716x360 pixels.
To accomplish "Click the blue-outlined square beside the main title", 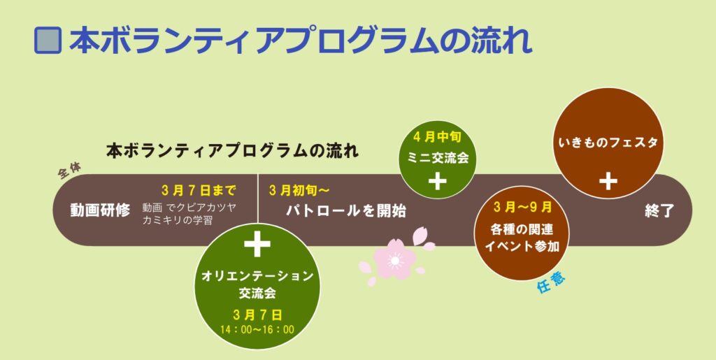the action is (48, 40).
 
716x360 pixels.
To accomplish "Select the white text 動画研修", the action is (100, 210).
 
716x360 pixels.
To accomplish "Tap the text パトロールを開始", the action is (346, 211).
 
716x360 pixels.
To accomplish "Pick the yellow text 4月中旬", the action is (437, 137).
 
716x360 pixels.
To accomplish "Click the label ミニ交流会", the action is (438, 157).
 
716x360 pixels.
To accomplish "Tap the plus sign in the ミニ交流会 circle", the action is (438, 182).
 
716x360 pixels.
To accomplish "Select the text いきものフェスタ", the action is (608, 143).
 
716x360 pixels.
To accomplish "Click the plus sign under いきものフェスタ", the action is (608, 181).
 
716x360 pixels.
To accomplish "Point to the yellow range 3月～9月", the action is (522, 207).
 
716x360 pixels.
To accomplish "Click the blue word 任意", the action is (551, 284).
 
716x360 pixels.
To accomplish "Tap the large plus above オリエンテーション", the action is (257, 244).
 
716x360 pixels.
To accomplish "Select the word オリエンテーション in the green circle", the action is (257, 276).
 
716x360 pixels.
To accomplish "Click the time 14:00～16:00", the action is (257, 329).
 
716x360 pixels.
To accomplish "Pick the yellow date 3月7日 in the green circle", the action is (257, 315).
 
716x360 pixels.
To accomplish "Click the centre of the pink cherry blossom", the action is (394, 260).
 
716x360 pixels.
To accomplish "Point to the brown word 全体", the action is (69, 171).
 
